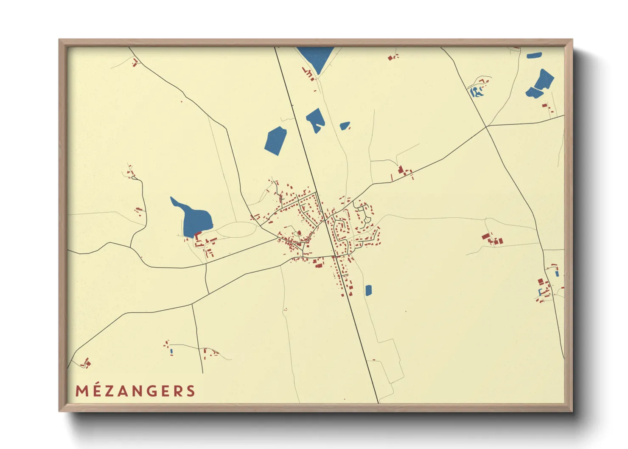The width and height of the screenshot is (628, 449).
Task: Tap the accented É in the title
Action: pos(98,390)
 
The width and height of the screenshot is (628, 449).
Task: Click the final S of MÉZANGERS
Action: pos(191,391)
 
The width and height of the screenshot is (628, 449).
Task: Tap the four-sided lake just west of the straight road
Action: pos(275,140)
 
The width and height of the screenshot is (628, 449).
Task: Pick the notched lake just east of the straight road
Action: pos(316,119)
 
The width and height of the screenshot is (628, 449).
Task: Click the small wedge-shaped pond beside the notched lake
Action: pos(345,126)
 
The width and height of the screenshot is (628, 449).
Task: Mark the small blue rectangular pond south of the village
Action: pos(368,290)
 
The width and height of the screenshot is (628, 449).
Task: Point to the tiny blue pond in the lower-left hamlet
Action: pos(171,351)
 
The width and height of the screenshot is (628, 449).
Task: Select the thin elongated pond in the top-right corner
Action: pos(534,55)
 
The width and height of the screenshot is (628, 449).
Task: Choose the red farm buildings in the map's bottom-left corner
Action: pos(87,363)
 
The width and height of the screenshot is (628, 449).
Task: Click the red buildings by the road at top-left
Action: pos(135,63)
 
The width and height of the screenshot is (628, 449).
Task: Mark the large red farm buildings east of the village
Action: pos(492,239)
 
